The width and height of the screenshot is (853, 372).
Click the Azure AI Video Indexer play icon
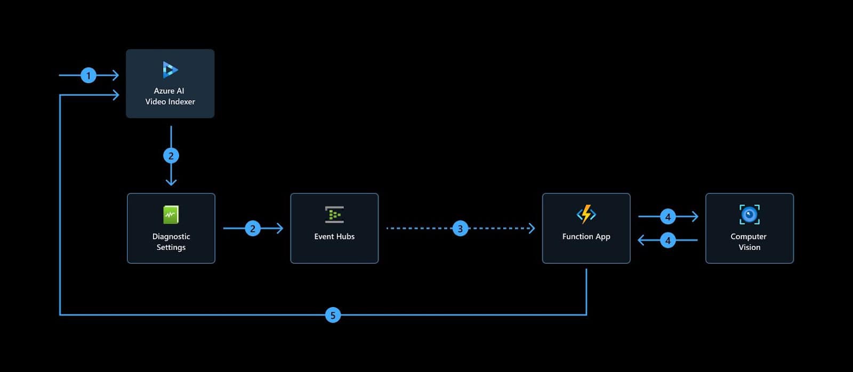(170, 70)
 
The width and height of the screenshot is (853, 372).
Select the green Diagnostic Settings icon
(171, 215)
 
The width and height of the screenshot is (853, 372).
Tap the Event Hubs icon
(334, 215)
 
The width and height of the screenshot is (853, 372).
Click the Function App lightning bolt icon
(586, 214)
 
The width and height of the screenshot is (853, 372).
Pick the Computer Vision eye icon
(749, 214)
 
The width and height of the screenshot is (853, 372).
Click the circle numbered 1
(88, 75)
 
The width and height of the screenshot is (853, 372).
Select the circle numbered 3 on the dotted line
(460, 229)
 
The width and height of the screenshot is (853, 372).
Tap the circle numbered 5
(333, 315)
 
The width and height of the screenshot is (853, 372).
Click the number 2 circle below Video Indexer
(171, 156)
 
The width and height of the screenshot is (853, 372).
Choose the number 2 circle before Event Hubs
(253, 229)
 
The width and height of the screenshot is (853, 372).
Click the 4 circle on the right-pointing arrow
(668, 216)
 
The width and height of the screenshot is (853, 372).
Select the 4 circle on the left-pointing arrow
(668, 240)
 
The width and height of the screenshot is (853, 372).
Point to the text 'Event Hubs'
(334, 237)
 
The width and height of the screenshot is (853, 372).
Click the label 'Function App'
(586, 237)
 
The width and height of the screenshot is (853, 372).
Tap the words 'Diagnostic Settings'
(171, 242)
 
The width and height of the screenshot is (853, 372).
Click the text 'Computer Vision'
(749, 242)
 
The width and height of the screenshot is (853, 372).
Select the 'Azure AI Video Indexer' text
(170, 96)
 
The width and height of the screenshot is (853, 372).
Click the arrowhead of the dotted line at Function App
(532, 229)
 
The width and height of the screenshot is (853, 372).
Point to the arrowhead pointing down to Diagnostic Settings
(171, 182)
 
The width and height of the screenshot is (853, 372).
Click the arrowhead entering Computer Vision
(695, 216)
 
